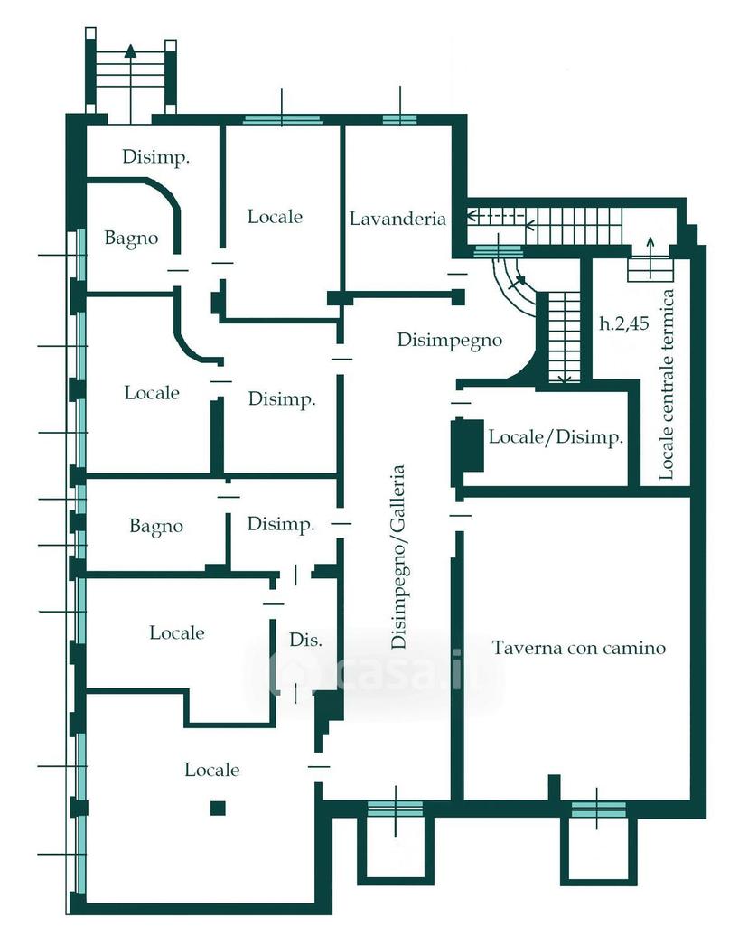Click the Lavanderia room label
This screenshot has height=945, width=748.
(397, 218)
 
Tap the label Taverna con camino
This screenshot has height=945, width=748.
(579, 648)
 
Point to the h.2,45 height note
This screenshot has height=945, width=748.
(624, 323)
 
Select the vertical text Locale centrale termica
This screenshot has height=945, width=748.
(666, 385)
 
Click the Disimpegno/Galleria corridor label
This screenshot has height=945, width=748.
(398, 557)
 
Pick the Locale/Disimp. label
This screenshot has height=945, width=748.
(555, 437)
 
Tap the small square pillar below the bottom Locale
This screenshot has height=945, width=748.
(218, 808)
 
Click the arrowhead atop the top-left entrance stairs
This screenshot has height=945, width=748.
(130, 50)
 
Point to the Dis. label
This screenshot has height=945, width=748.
(305, 640)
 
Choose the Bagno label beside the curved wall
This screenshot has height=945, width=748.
(131, 239)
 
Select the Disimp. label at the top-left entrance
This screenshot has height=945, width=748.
(155, 157)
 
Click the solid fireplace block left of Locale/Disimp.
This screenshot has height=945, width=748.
(468, 445)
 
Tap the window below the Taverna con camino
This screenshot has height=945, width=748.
(598, 809)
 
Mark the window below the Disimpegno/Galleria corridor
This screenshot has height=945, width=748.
(396, 809)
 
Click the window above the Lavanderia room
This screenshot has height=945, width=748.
(399, 119)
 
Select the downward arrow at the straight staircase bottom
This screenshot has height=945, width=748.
(565, 379)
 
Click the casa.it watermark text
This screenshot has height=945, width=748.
(374, 670)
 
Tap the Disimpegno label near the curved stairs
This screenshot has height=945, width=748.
(450, 341)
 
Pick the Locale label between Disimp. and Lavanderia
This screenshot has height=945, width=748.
(275, 217)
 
